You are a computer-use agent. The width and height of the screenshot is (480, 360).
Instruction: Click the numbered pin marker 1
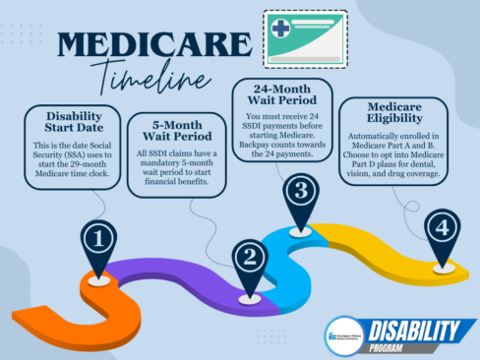coord(100,239)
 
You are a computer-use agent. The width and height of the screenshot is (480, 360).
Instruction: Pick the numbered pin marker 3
coord(301,189)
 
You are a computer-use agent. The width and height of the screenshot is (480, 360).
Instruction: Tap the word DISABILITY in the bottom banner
coord(413,329)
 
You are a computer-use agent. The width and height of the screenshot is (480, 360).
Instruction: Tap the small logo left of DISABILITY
coord(339,332)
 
